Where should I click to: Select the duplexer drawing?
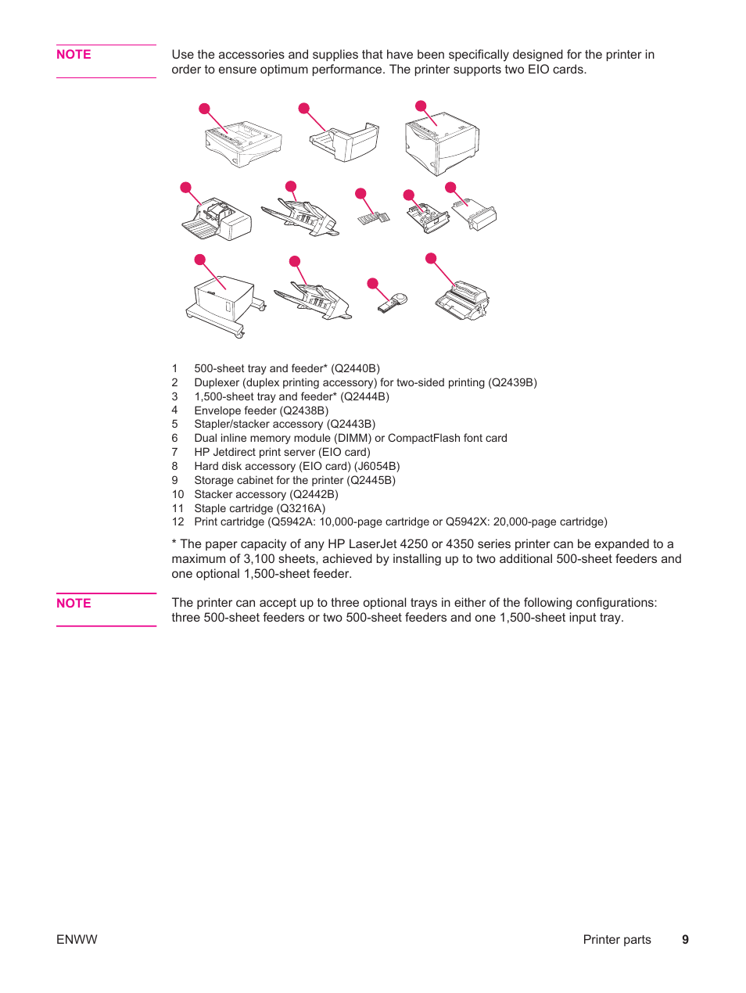(x=347, y=142)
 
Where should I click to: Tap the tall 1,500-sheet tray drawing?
(x=442, y=145)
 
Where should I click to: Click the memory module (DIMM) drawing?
(x=374, y=217)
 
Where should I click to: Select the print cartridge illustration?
(x=463, y=300)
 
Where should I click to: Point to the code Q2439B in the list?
(x=512, y=382)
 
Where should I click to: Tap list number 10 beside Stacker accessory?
(x=178, y=494)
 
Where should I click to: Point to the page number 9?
(x=685, y=940)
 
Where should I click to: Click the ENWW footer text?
(x=77, y=940)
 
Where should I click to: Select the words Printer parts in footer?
(x=616, y=940)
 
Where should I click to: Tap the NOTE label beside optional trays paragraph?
(x=74, y=603)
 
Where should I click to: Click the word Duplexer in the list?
(x=217, y=382)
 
